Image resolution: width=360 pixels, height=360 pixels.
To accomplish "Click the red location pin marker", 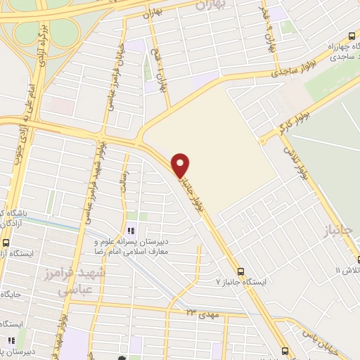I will [181, 165].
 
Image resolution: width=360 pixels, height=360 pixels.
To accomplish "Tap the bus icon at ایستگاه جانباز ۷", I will [241, 271].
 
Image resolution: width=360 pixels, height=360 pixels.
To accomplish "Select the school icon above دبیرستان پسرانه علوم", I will [130, 231].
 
